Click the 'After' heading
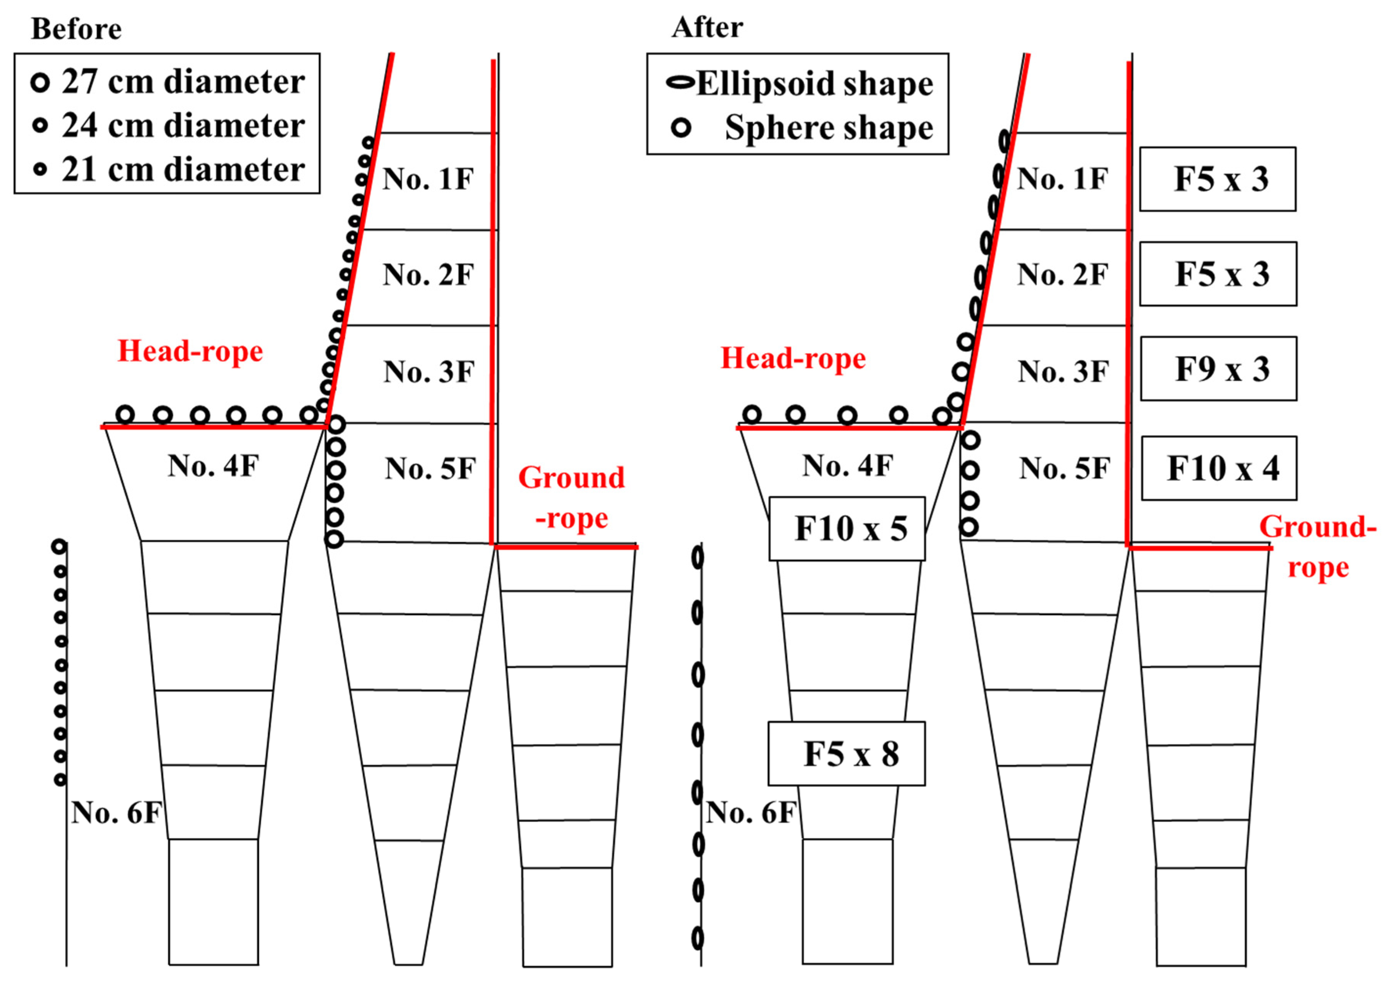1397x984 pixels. pos(707,27)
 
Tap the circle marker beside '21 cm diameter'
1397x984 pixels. pos(40,170)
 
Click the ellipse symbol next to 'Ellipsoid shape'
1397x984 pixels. pos(680,83)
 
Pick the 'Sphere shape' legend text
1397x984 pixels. pos(829,128)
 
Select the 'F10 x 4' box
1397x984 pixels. pos(1219,469)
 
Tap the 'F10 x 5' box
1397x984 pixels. pos(847,529)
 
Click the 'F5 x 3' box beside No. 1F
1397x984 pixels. pos(1218,179)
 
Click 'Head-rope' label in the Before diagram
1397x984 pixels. pos(190,352)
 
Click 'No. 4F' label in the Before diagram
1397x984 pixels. pos(213,466)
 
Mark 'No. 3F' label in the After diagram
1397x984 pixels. pos(1063,372)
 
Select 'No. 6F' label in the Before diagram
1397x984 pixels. pos(116,813)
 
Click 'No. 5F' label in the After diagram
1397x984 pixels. pos(1064,469)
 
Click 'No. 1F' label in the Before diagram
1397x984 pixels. pos(428,179)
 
